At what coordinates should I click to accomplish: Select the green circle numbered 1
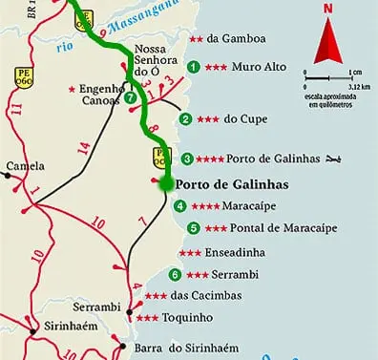pos(194,67)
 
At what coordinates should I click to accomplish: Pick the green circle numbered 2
pos(185,119)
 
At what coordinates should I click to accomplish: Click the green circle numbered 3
pos(187,159)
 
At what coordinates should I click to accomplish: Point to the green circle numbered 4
pos(180,205)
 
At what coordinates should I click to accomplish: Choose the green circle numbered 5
pos(194,228)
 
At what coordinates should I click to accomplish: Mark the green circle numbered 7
pos(130,96)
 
